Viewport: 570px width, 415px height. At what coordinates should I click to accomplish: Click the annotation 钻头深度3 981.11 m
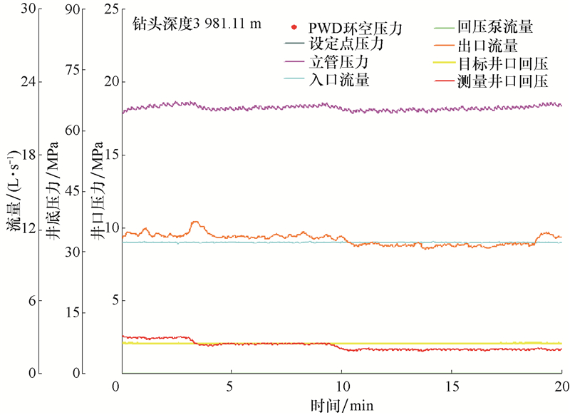click(x=197, y=23)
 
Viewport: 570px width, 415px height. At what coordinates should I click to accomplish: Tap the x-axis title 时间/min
click(x=341, y=406)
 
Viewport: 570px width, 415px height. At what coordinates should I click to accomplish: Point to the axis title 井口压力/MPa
click(x=98, y=193)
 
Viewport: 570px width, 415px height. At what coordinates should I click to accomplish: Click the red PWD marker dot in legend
click(x=294, y=28)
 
